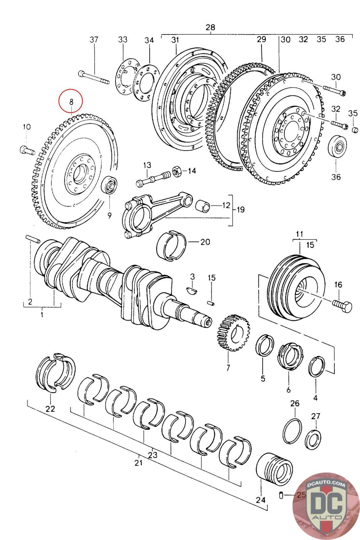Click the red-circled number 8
(x=71, y=101)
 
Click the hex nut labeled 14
(x=177, y=171)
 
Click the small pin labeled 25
(x=281, y=495)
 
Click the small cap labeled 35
(x=355, y=130)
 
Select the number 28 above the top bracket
(x=210, y=27)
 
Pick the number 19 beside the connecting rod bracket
(x=240, y=210)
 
